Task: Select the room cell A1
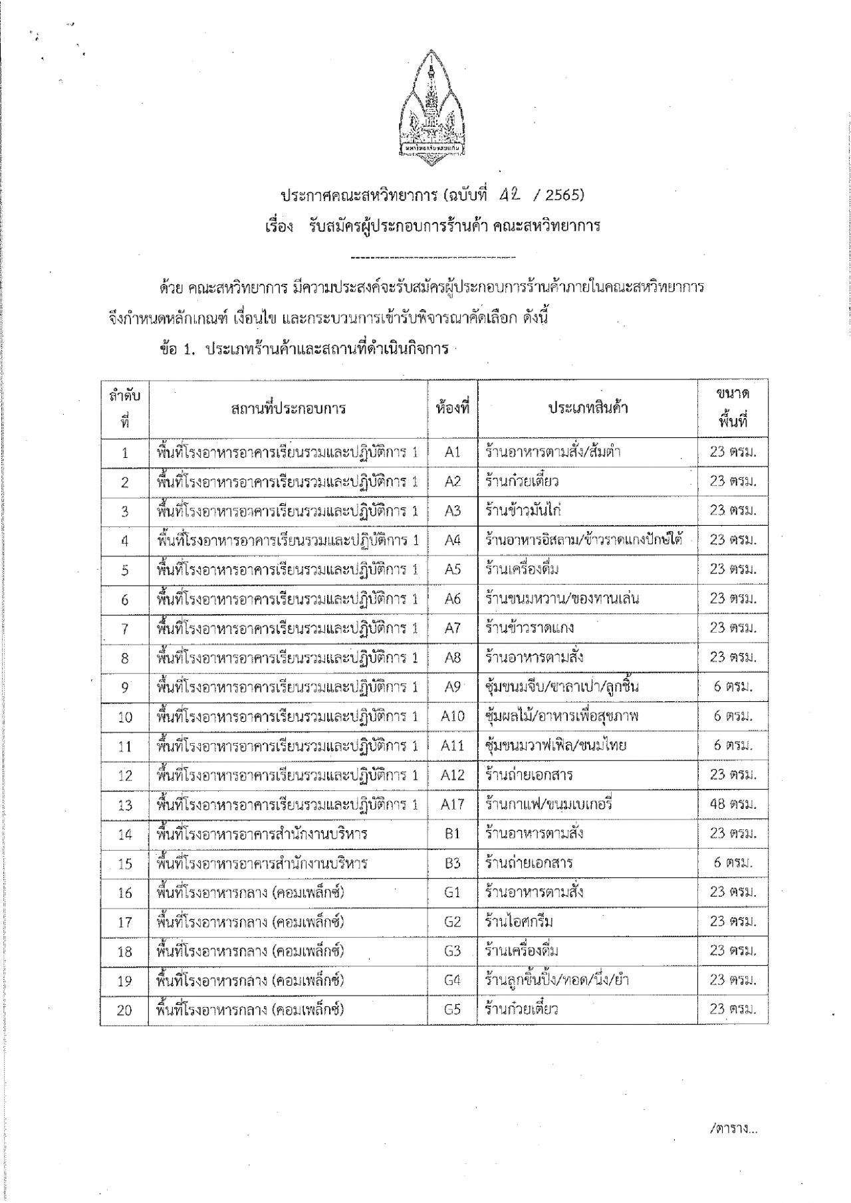[452, 452]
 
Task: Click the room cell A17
[452, 804]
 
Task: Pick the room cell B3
[452, 863]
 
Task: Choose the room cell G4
[452, 980]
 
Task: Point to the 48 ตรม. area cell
[733, 804]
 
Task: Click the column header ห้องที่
[452, 408]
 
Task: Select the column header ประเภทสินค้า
[588, 408]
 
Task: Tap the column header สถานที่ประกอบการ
[288, 408]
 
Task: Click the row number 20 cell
[124, 1010]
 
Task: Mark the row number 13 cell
[125, 805]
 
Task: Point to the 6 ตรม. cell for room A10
[733, 716]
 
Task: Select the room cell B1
[452, 833]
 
